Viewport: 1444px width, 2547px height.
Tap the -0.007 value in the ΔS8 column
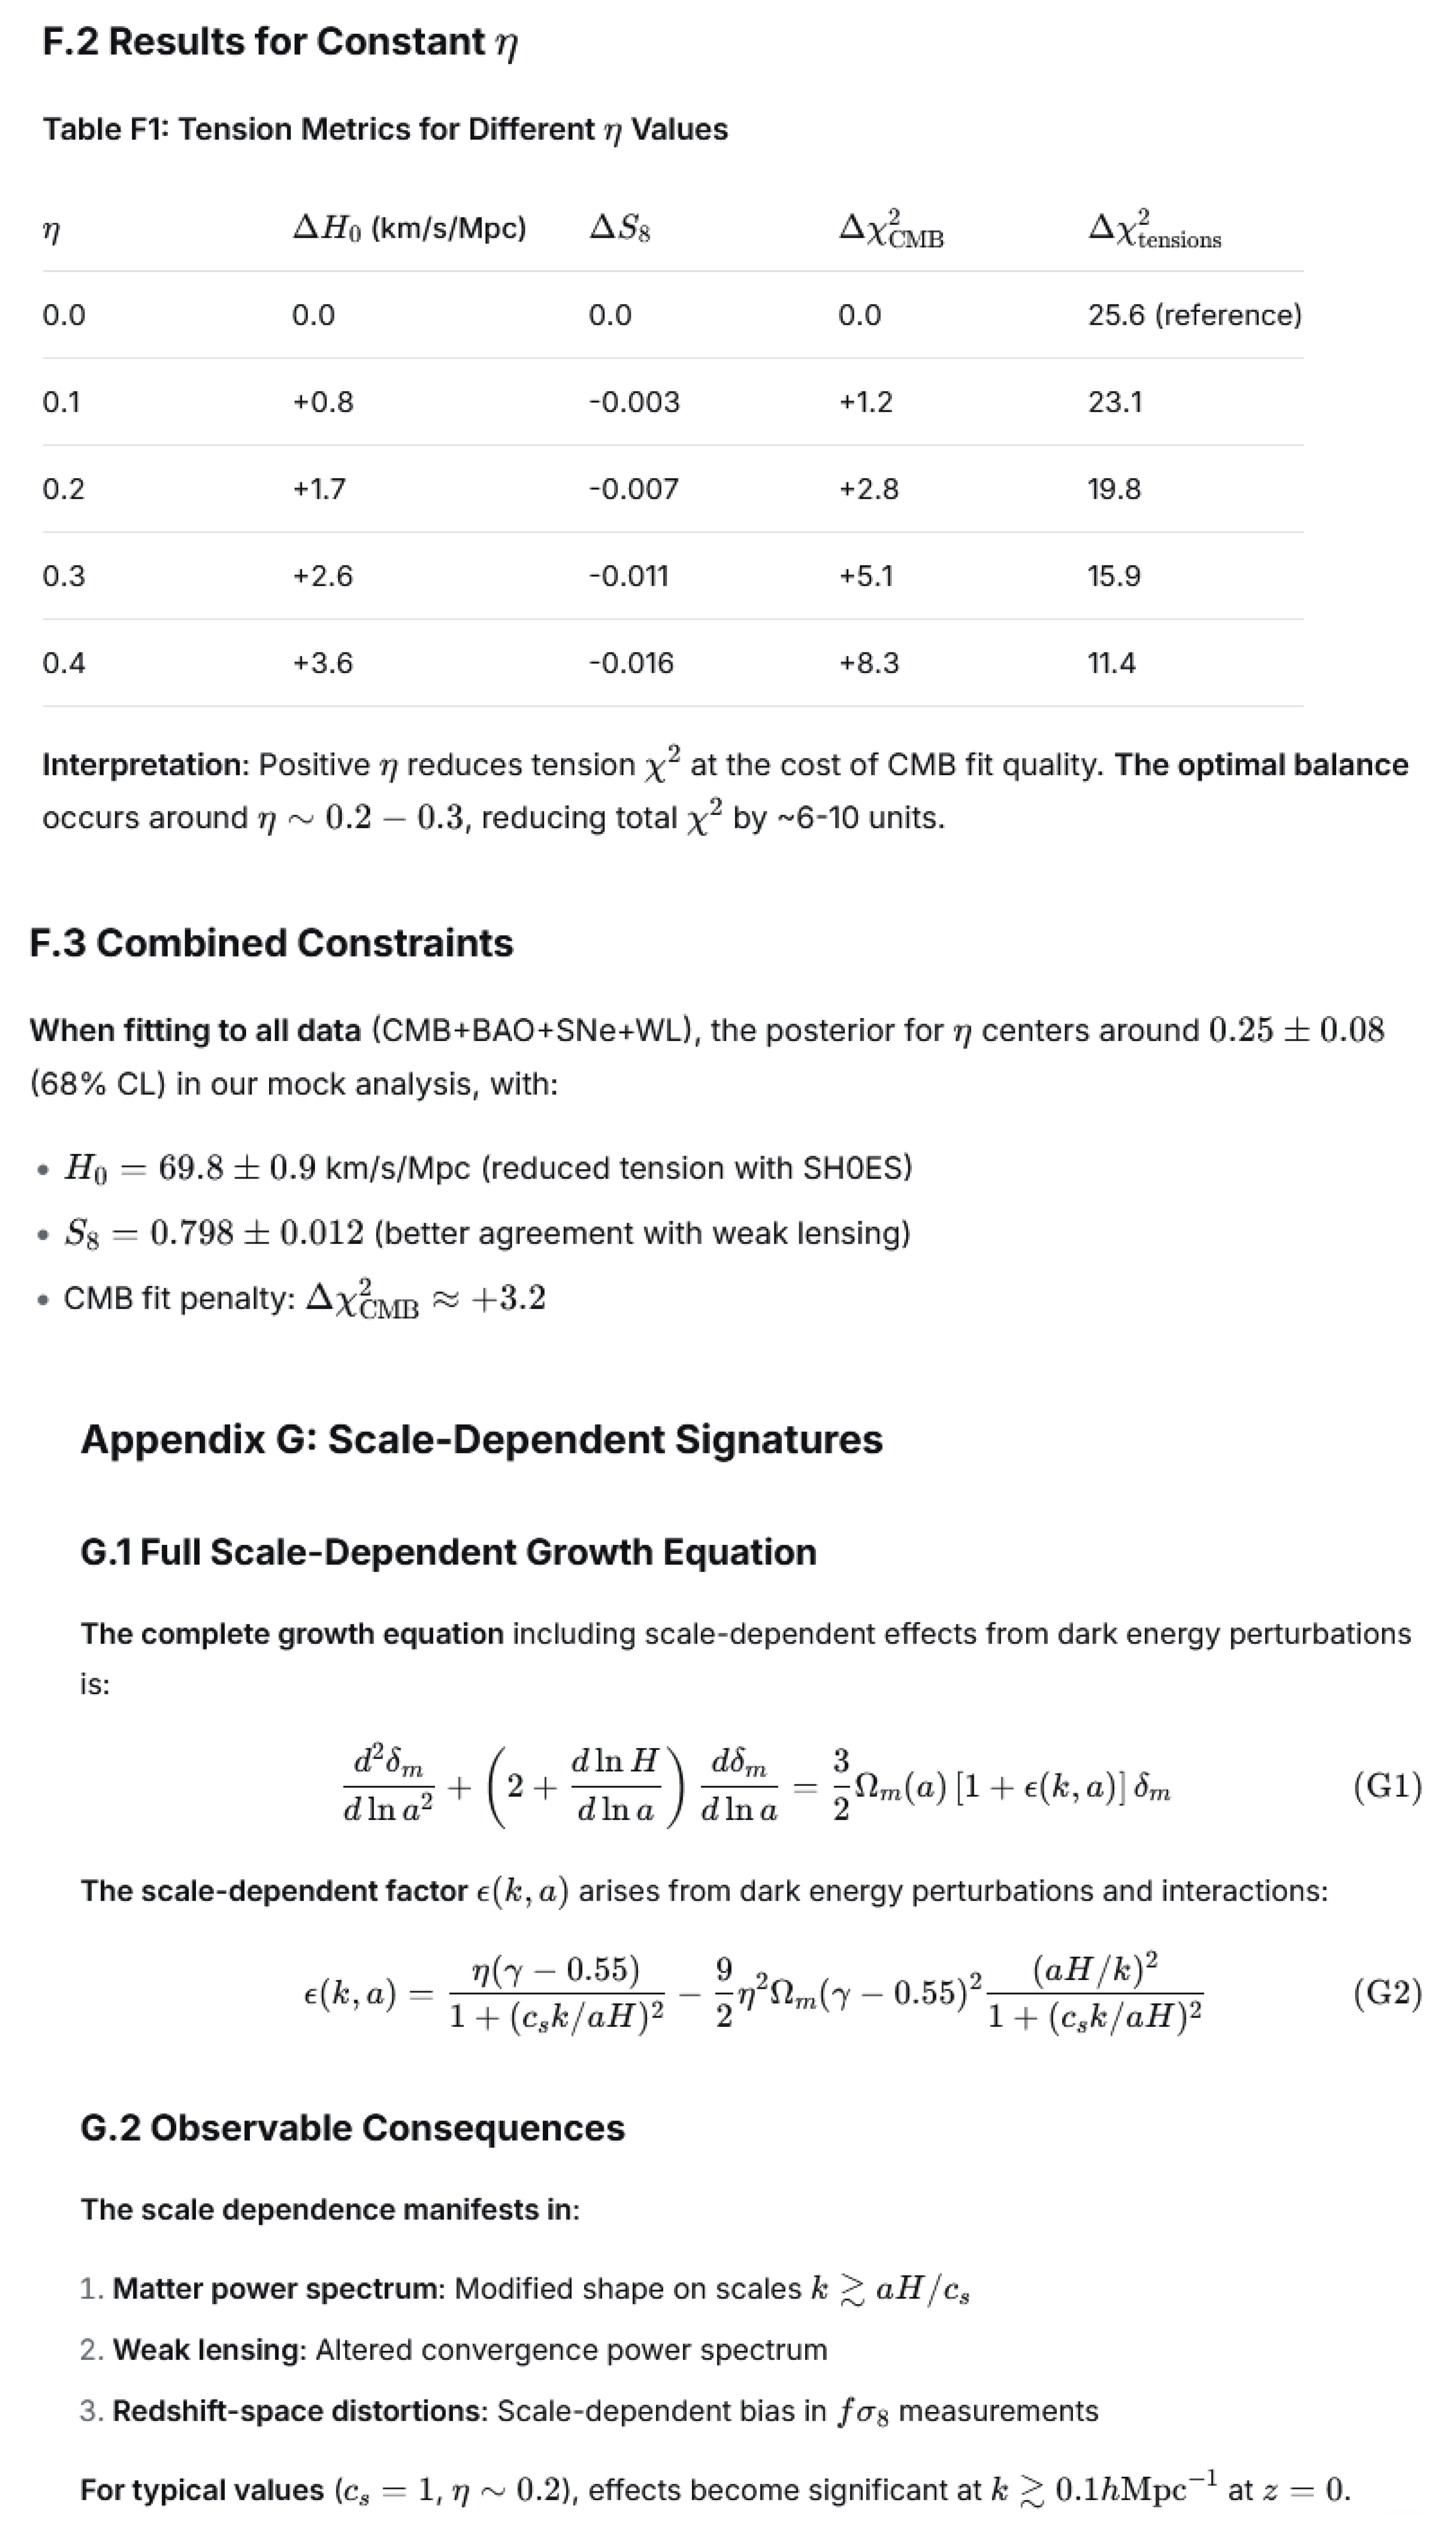pos(634,489)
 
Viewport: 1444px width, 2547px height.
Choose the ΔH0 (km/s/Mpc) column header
pos(409,228)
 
